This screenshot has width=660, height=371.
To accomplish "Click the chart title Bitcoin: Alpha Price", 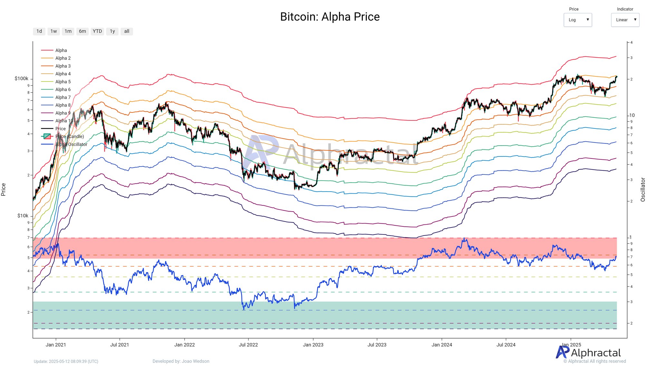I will point(330,17).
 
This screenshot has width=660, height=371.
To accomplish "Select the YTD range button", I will point(97,31).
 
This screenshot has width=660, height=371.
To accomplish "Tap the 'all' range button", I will point(127,31).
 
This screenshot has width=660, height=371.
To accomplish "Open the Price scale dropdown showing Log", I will point(577,20).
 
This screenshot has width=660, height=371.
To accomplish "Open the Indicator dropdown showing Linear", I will point(625,20).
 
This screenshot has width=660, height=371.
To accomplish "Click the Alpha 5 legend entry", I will point(63,82).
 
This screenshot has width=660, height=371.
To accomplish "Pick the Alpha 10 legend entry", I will point(64,121).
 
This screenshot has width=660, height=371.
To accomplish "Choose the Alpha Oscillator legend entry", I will point(71,144).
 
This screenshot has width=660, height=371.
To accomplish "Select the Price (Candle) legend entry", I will point(69,137).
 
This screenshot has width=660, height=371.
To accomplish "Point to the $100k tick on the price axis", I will point(21,79).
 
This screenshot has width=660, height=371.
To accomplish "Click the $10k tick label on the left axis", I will point(23,216).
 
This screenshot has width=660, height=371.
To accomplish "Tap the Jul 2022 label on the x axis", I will point(248,345).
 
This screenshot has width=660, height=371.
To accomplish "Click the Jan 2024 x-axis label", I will point(442,345).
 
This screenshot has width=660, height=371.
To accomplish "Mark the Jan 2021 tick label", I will point(56,345).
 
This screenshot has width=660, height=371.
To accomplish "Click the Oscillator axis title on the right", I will point(643,189).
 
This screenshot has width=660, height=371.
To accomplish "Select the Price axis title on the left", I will point(4,189).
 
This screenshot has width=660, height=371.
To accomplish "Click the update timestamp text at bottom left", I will point(66,361).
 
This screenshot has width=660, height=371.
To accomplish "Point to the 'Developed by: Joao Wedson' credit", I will point(181,361).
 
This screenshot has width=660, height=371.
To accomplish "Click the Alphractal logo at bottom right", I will point(588,353).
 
